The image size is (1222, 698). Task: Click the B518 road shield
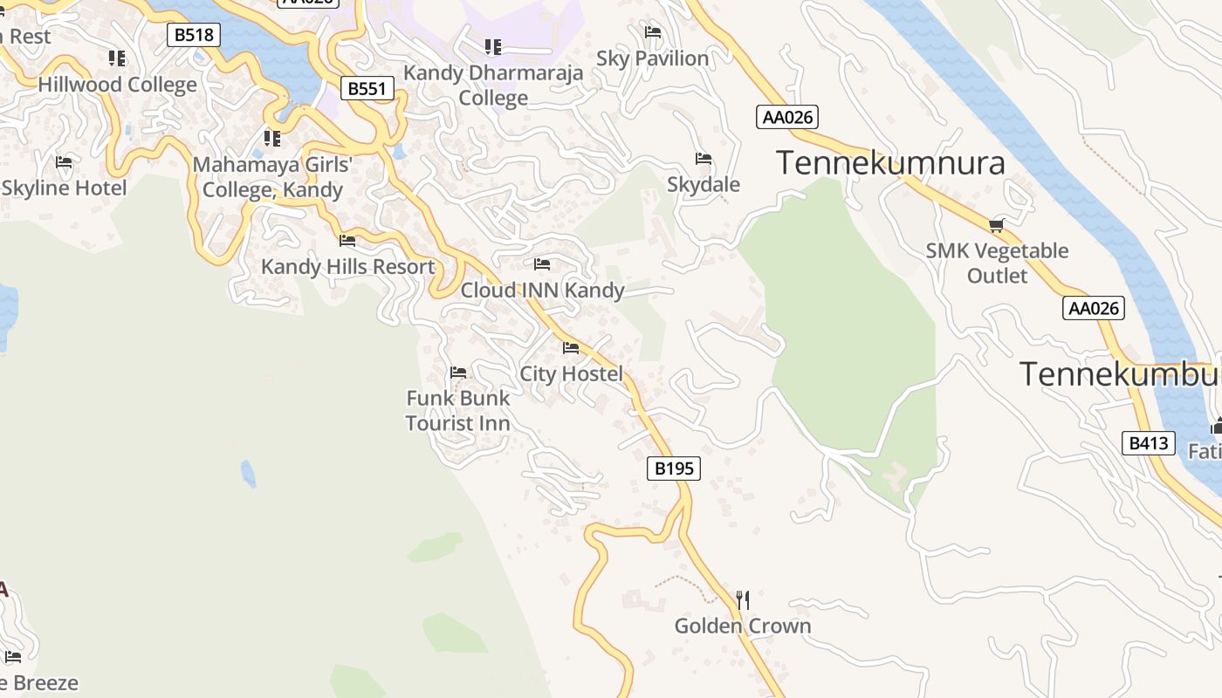click(194, 35)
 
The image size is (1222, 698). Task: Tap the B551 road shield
click(367, 88)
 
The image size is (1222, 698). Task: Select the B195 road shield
click(675, 469)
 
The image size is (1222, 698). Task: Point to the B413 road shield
click(1148, 443)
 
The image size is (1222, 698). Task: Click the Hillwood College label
click(118, 85)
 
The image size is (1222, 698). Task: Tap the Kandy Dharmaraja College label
click(493, 85)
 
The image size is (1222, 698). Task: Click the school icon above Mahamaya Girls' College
click(272, 138)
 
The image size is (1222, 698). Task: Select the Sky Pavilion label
click(652, 58)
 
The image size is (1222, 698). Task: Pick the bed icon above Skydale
click(704, 159)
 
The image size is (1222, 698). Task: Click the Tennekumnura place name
click(890, 163)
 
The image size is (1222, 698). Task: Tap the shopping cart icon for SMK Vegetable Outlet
click(997, 225)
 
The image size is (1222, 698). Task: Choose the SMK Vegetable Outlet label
click(997, 263)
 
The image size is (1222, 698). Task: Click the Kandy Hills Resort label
click(347, 266)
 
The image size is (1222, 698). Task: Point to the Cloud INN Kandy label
click(542, 290)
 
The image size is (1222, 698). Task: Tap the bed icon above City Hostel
click(571, 348)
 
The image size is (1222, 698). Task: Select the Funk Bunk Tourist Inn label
click(457, 410)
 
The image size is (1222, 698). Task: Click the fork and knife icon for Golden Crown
click(743, 599)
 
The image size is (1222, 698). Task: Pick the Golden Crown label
click(743, 626)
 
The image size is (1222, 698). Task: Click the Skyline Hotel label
click(64, 188)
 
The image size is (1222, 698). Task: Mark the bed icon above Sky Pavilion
click(652, 32)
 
